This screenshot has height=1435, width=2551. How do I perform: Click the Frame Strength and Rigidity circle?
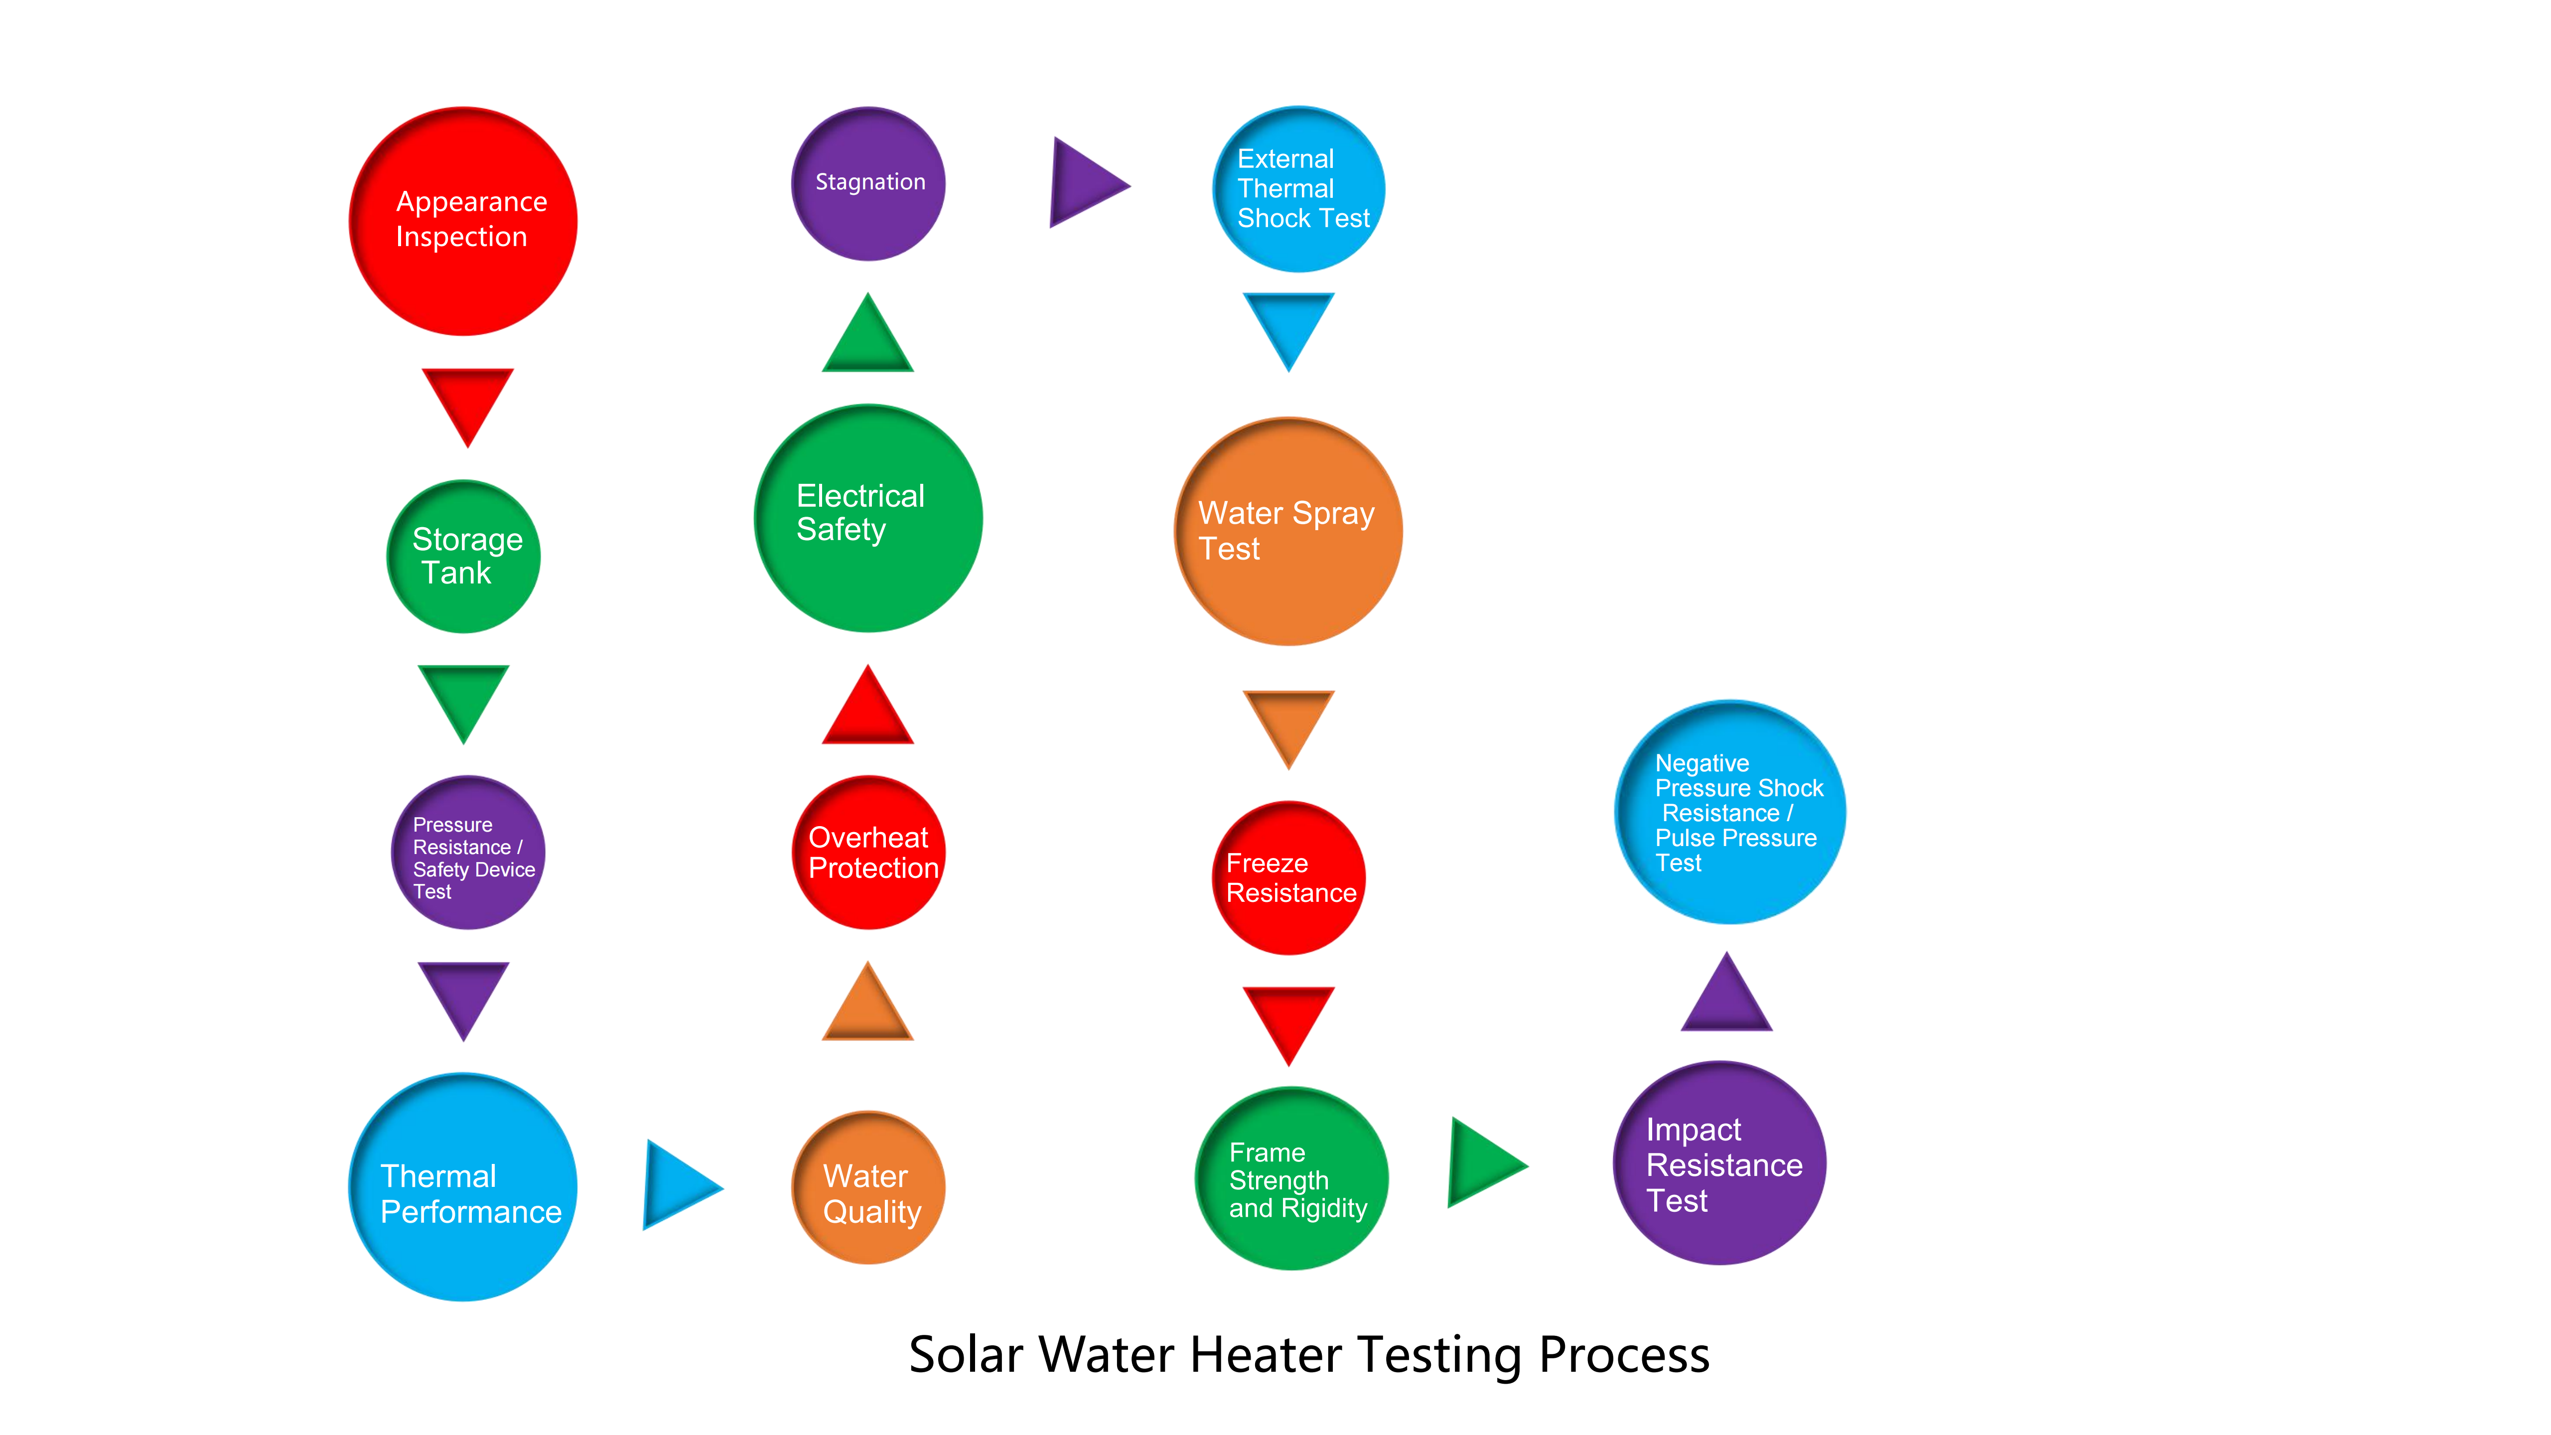coord(1291,1177)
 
